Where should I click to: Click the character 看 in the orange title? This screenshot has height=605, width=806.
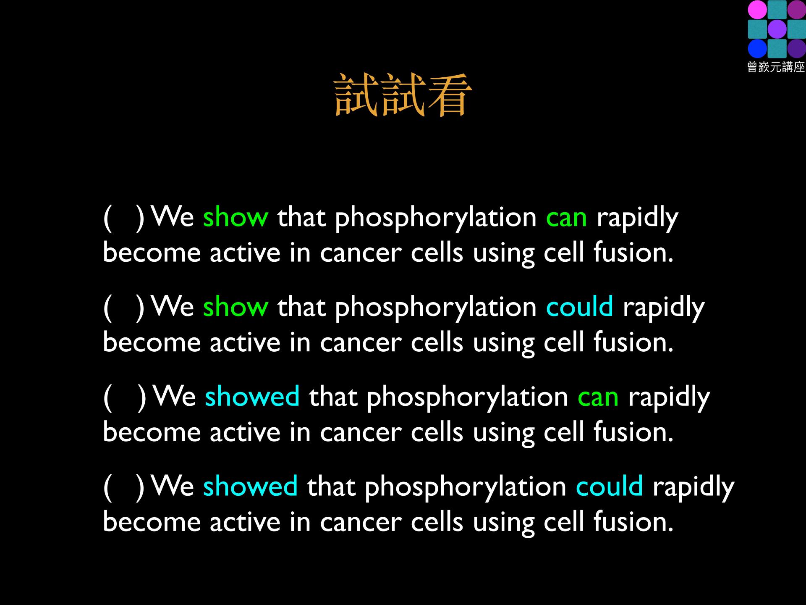(449, 96)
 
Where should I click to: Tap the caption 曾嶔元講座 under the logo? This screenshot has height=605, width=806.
(776, 67)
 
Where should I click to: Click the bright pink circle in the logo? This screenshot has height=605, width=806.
(757, 10)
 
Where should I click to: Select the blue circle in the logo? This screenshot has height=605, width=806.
(757, 48)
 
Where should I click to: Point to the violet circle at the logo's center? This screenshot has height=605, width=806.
(777, 29)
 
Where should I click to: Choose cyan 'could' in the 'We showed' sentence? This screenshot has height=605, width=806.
(609, 485)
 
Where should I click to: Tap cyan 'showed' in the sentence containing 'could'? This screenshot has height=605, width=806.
(251, 485)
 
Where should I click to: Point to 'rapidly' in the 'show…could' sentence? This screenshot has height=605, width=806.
(663, 308)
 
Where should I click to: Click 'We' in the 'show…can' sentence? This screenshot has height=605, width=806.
(173, 217)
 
